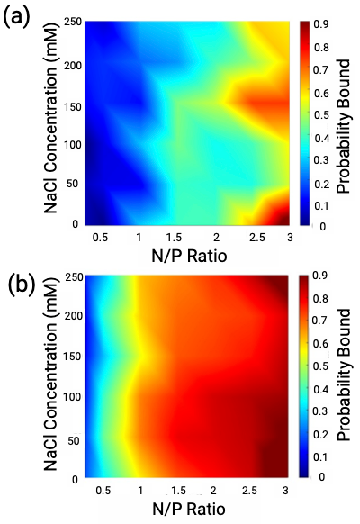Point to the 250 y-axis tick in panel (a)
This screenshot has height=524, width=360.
point(67,23)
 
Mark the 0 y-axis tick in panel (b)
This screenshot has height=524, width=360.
point(76,475)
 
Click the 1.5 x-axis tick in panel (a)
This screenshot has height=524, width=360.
point(176,236)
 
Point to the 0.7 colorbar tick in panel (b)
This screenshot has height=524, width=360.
point(319,320)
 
